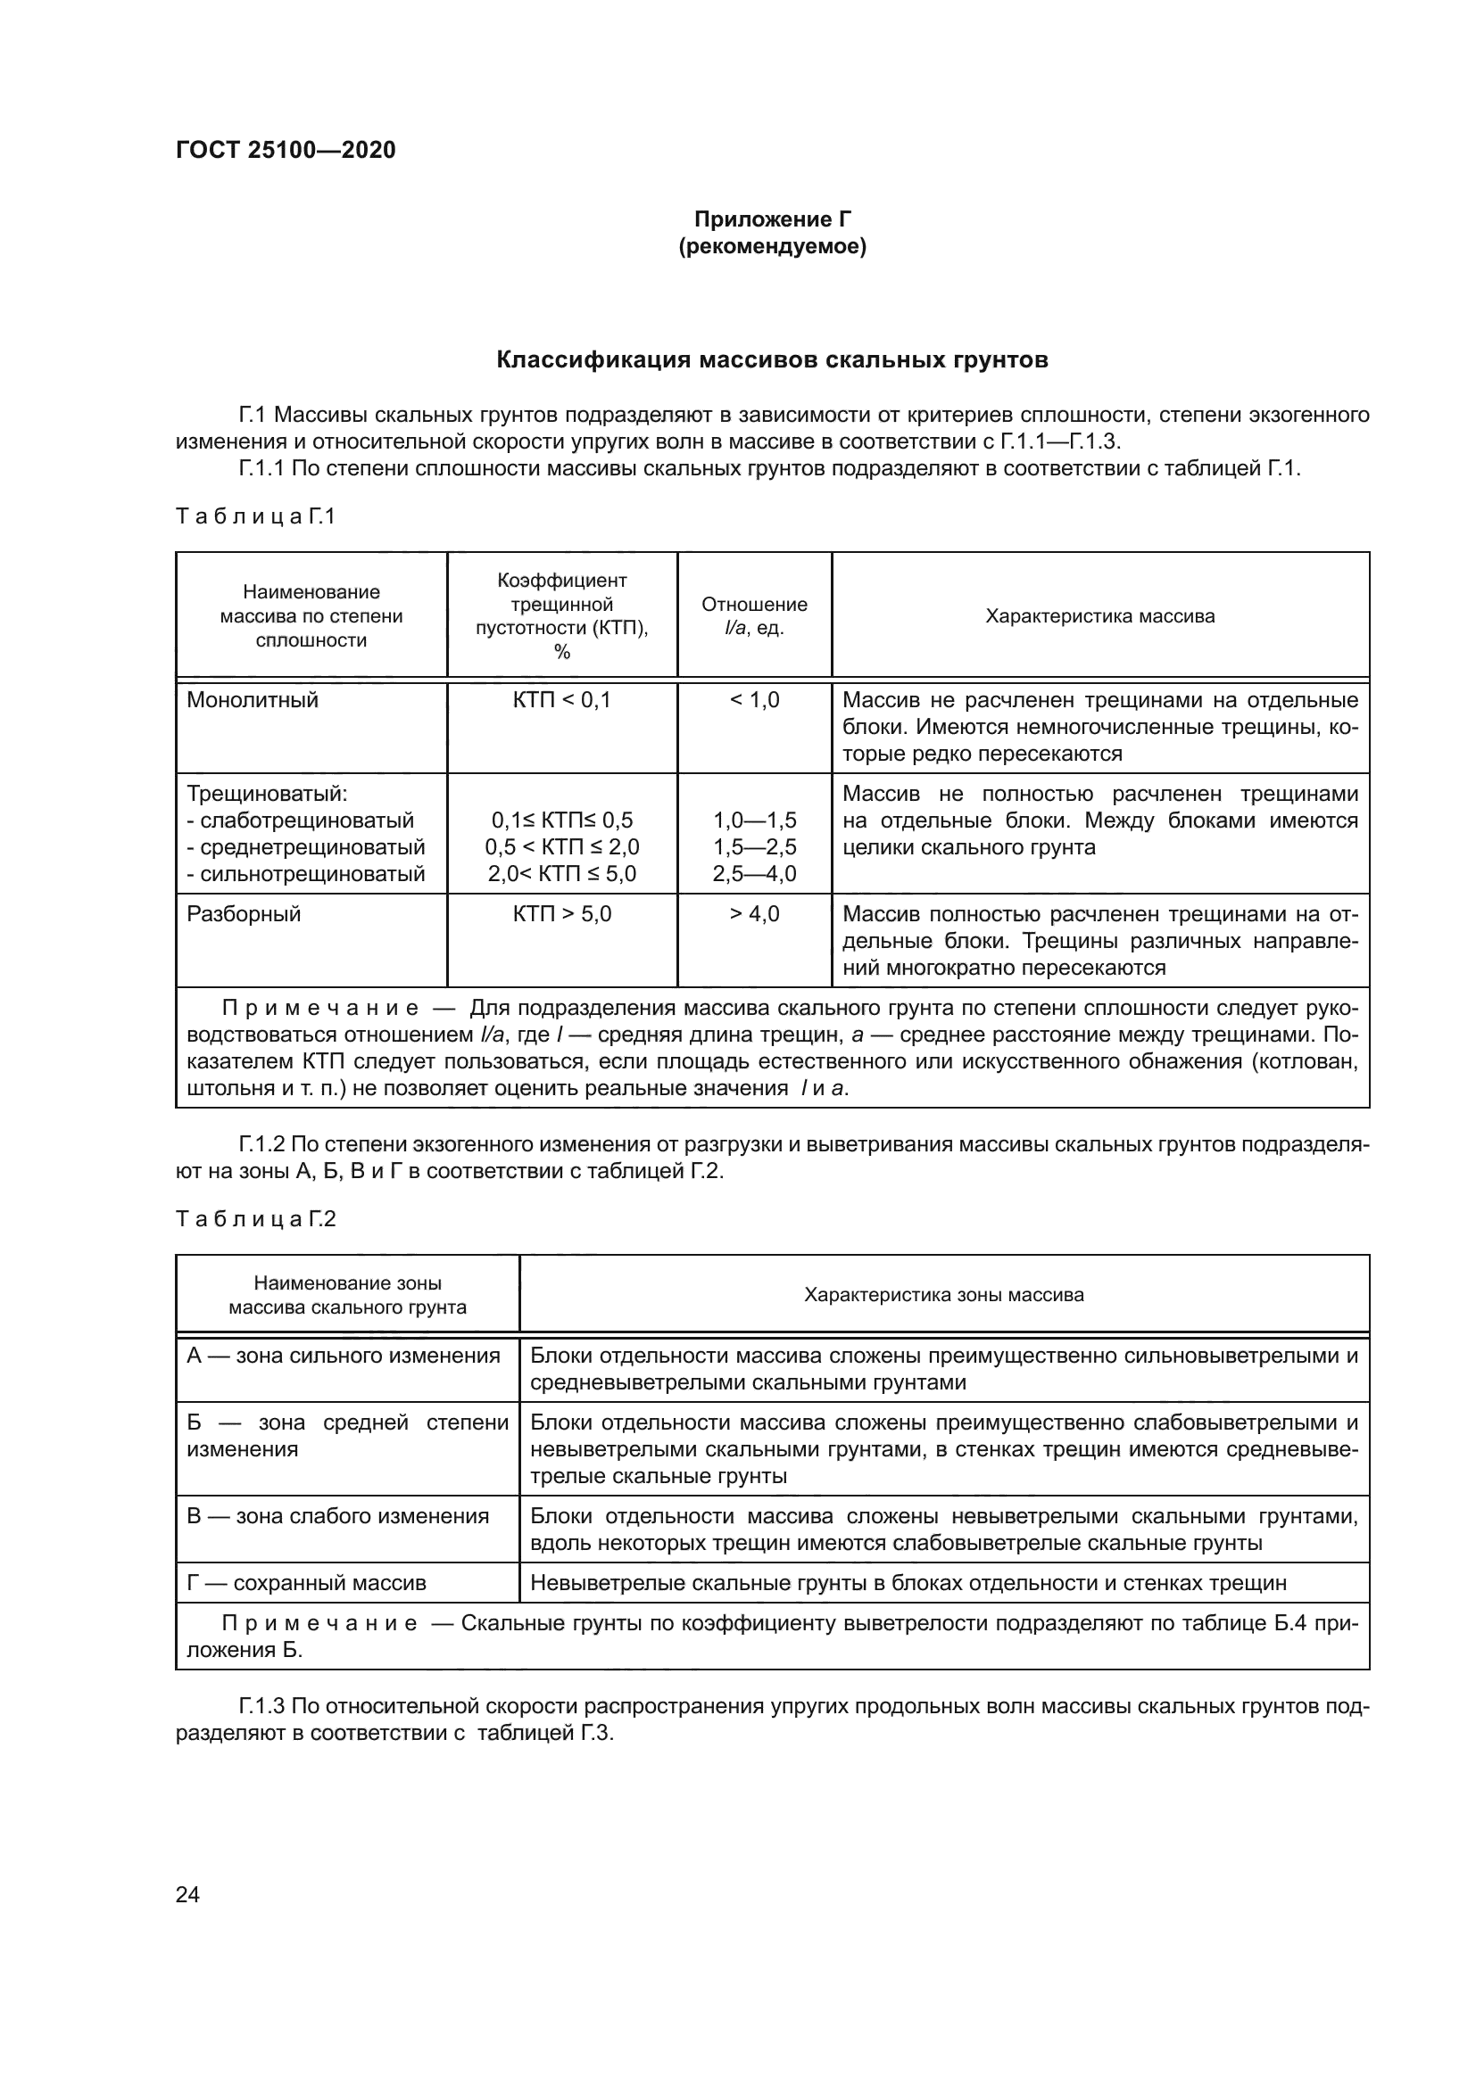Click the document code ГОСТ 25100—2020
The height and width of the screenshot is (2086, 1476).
tap(286, 150)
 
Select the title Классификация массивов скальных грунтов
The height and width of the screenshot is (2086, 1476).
tap(772, 359)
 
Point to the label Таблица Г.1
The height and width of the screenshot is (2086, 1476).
tap(255, 517)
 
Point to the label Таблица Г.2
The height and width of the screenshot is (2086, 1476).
tap(255, 1219)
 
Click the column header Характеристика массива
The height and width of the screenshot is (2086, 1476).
tap(1099, 616)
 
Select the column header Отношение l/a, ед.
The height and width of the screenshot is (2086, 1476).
tap(753, 616)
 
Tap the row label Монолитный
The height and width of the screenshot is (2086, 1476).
tap(253, 699)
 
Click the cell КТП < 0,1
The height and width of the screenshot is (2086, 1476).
tap(561, 699)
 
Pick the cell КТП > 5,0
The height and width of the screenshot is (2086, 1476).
tap(561, 913)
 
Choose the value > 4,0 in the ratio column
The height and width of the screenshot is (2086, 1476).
tap(753, 913)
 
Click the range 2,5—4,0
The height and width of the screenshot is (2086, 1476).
tap(753, 874)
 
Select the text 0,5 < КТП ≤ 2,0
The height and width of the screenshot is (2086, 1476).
tap(561, 846)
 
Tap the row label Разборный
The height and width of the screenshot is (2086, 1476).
tap(244, 913)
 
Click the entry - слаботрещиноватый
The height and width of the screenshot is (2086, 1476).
tap(300, 820)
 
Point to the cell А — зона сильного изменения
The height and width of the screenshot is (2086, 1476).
tap(344, 1356)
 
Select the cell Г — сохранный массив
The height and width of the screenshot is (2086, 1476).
tap(306, 1583)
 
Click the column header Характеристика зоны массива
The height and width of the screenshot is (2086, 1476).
tap(943, 1295)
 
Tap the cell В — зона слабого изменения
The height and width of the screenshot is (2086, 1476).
tap(338, 1515)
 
